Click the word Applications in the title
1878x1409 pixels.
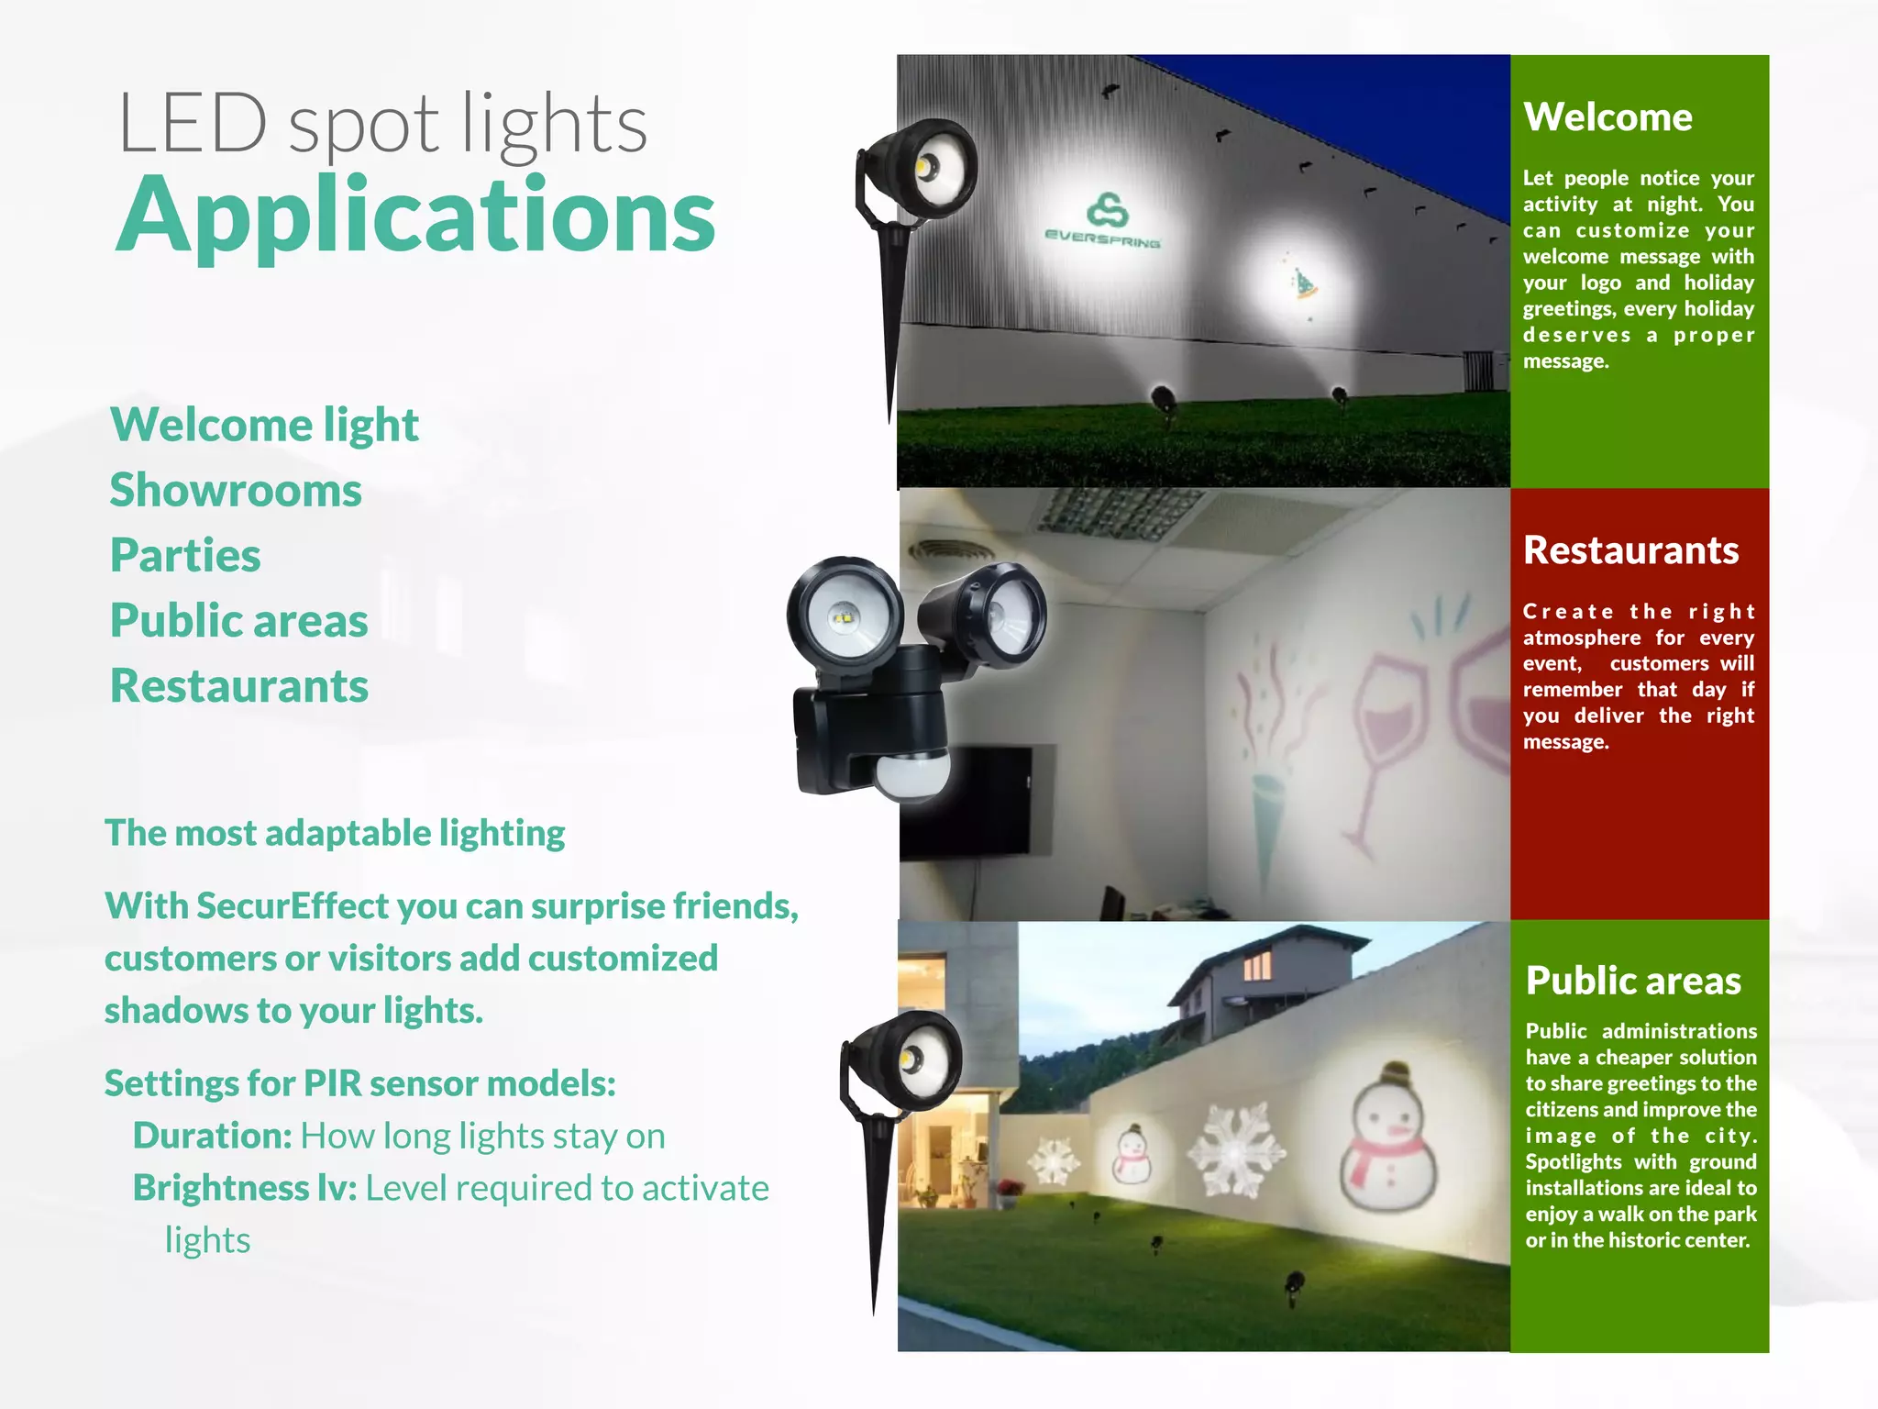pyautogui.click(x=414, y=216)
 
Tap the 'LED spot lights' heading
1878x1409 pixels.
pyautogui.click(x=382, y=124)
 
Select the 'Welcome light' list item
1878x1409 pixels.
pyautogui.click(x=264, y=425)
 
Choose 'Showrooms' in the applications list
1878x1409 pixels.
pyautogui.click(x=236, y=490)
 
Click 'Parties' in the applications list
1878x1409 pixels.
pyautogui.click(x=185, y=555)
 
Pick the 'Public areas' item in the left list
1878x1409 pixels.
pyautogui.click(x=238, y=621)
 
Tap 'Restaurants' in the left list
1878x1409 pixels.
pyautogui.click(x=238, y=686)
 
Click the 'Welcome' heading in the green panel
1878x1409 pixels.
pyautogui.click(x=1607, y=117)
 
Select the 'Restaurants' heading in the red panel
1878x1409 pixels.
pyautogui.click(x=1630, y=550)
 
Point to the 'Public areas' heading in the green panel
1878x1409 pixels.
pyautogui.click(x=1633, y=981)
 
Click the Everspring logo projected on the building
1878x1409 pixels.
pyautogui.click(x=1104, y=220)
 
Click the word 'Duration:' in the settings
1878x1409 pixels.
pyautogui.click(x=212, y=1136)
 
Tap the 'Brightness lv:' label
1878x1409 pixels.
pyautogui.click(x=244, y=1188)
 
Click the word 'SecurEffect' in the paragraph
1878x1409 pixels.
pyautogui.click(x=292, y=906)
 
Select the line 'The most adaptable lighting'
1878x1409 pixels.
pyautogui.click(x=335, y=833)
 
